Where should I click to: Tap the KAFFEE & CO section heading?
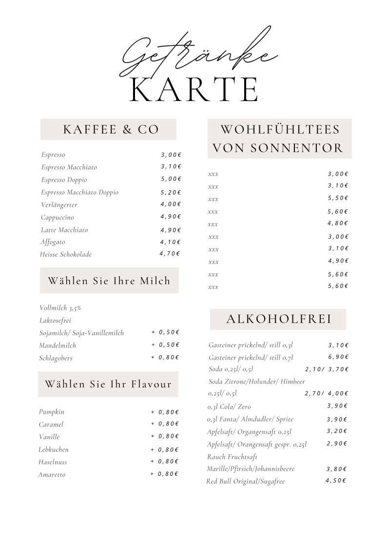coord(111,129)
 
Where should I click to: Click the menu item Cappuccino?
coord(58,217)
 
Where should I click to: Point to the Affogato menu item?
coord(53,242)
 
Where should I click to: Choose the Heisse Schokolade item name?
coord(66,254)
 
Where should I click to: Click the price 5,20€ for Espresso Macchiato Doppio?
coord(171,192)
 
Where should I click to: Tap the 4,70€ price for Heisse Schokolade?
coord(170,254)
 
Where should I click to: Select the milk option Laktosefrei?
coord(55,321)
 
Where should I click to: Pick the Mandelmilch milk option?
coord(58,345)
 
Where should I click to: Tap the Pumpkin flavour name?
coord(52,412)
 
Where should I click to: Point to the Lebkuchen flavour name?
coord(54,449)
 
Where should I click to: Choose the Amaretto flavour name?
coord(52,475)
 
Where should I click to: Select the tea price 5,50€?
coord(338,198)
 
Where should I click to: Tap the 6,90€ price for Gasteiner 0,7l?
coord(338,357)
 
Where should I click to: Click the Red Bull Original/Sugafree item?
coord(245,482)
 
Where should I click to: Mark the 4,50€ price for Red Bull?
coord(336,481)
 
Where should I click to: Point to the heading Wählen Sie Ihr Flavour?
coord(108,384)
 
